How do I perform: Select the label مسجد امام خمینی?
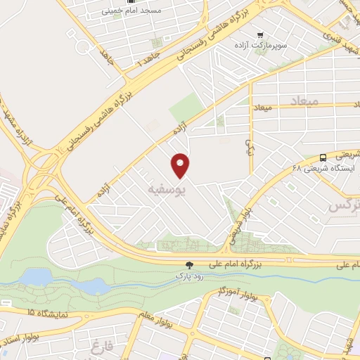point(151,11)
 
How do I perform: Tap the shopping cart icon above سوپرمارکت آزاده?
point(260,34)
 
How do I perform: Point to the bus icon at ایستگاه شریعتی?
point(323,157)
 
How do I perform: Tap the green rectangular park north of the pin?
point(186,106)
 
